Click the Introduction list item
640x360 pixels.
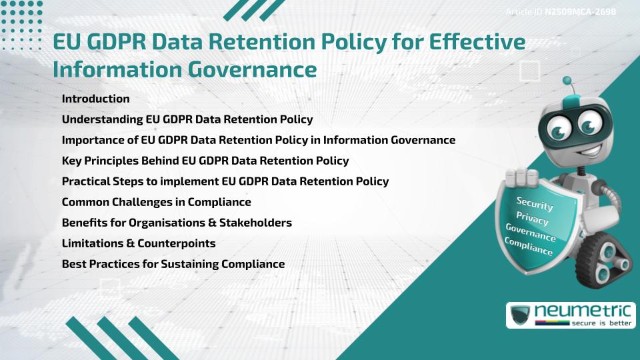(x=95, y=99)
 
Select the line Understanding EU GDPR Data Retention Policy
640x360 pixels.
(x=187, y=119)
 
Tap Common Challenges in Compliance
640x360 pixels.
(x=156, y=201)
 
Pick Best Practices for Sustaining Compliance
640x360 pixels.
(x=173, y=263)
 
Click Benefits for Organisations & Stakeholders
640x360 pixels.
(x=177, y=222)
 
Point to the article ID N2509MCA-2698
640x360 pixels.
(x=579, y=12)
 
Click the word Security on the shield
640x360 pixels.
(x=535, y=204)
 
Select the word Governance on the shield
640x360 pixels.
(x=530, y=233)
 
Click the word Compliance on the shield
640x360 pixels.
(x=529, y=247)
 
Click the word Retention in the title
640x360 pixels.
(x=267, y=43)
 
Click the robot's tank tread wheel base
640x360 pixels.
(x=603, y=259)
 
